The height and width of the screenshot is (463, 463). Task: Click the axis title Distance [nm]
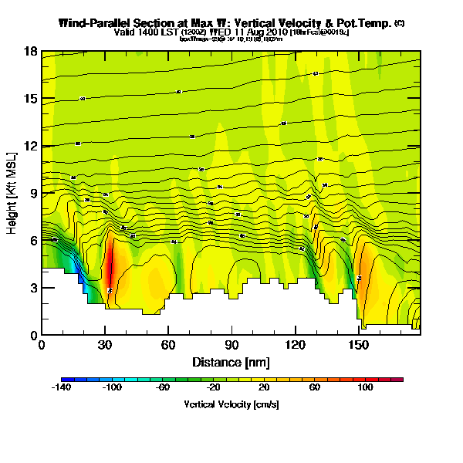coord(231,362)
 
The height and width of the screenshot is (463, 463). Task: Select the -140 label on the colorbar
coord(62,388)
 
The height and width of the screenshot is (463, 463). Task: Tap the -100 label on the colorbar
coord(113,388)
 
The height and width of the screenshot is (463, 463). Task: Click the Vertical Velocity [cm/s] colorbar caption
coord(231,404)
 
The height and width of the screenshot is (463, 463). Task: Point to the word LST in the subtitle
coord(155,32)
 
